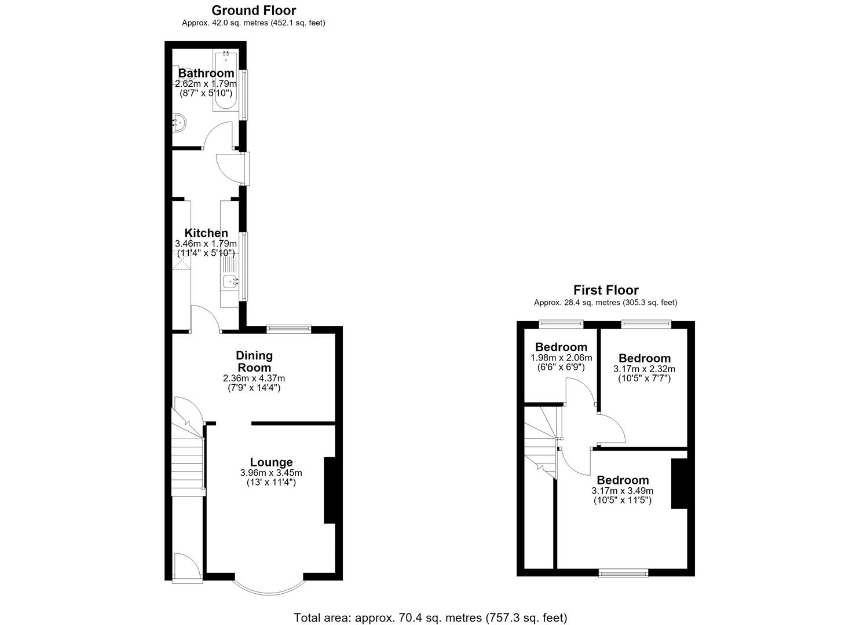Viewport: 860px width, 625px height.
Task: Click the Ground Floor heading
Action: [x=254, y=10]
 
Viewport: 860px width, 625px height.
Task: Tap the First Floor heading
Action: [x=606, y=290]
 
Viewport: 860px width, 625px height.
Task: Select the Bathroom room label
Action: [x=206, y=73]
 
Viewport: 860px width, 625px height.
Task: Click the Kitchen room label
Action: [x=206, y=233]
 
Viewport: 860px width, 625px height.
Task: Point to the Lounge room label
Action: [x=271, y=462]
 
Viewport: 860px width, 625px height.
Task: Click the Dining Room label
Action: [x=254, y=362]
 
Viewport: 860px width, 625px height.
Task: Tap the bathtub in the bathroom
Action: [x=225, y=80]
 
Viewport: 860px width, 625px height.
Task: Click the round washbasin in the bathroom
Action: [x=180, y=122]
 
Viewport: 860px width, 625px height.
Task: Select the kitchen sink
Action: [x=230, y=282]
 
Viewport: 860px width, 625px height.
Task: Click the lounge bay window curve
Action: [x=269, y=594]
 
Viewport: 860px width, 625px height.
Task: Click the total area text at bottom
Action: [x=430, y=617]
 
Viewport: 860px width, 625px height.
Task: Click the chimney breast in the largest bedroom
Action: [x=679, y=483]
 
